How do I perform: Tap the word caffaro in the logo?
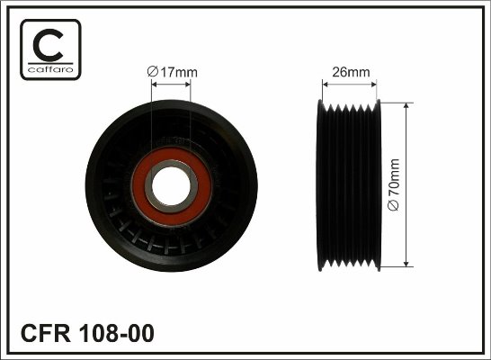[x=50, y=69]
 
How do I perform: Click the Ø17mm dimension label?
[x=173, y=72]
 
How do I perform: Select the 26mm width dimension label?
[x=351, y=72]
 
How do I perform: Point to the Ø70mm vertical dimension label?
[x=394, y=184]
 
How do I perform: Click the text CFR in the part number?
[x=45, y=333]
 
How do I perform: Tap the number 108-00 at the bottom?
[x=117, y=333]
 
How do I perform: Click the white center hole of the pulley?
[x=171, y=185]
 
